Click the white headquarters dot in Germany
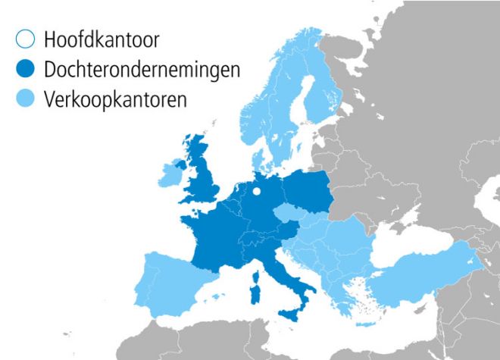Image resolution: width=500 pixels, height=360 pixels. (x=256, y=191)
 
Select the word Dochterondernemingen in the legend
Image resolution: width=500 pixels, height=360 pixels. (x=142, y=70)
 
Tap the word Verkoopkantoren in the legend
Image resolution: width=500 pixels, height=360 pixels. (x=114, y=99)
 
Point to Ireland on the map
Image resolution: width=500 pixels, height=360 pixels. (x=169, y=175)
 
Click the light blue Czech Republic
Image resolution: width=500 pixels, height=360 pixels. (x=289, y=213)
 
